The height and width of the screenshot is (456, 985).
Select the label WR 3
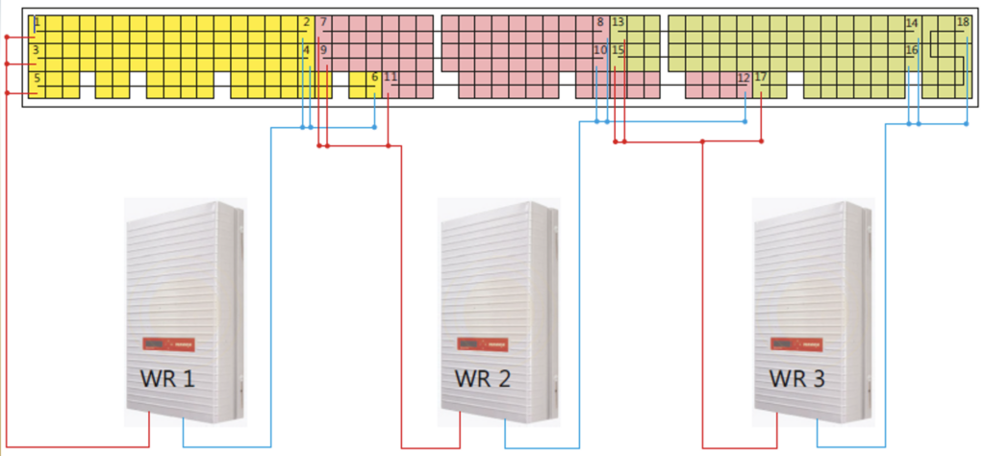coord(797,378)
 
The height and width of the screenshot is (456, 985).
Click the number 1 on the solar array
coord(36,22)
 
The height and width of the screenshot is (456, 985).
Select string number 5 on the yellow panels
coord(36,78)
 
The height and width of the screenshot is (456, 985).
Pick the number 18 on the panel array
coord(963,22)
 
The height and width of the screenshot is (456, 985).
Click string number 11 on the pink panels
coord(391,77)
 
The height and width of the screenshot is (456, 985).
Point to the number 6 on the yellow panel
coord(374,77)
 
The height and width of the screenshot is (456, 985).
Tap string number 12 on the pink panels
coord(743,78)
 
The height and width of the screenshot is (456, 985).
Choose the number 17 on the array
coord(761,78)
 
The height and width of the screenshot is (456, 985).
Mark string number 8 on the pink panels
coord(600,22)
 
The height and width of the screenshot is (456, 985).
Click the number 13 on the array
coord(618,22)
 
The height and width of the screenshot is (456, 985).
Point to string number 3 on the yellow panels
coord(36,50)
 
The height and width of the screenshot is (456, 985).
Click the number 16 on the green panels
coord(912,50)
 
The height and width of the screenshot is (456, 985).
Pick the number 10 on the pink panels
coord(600,50)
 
